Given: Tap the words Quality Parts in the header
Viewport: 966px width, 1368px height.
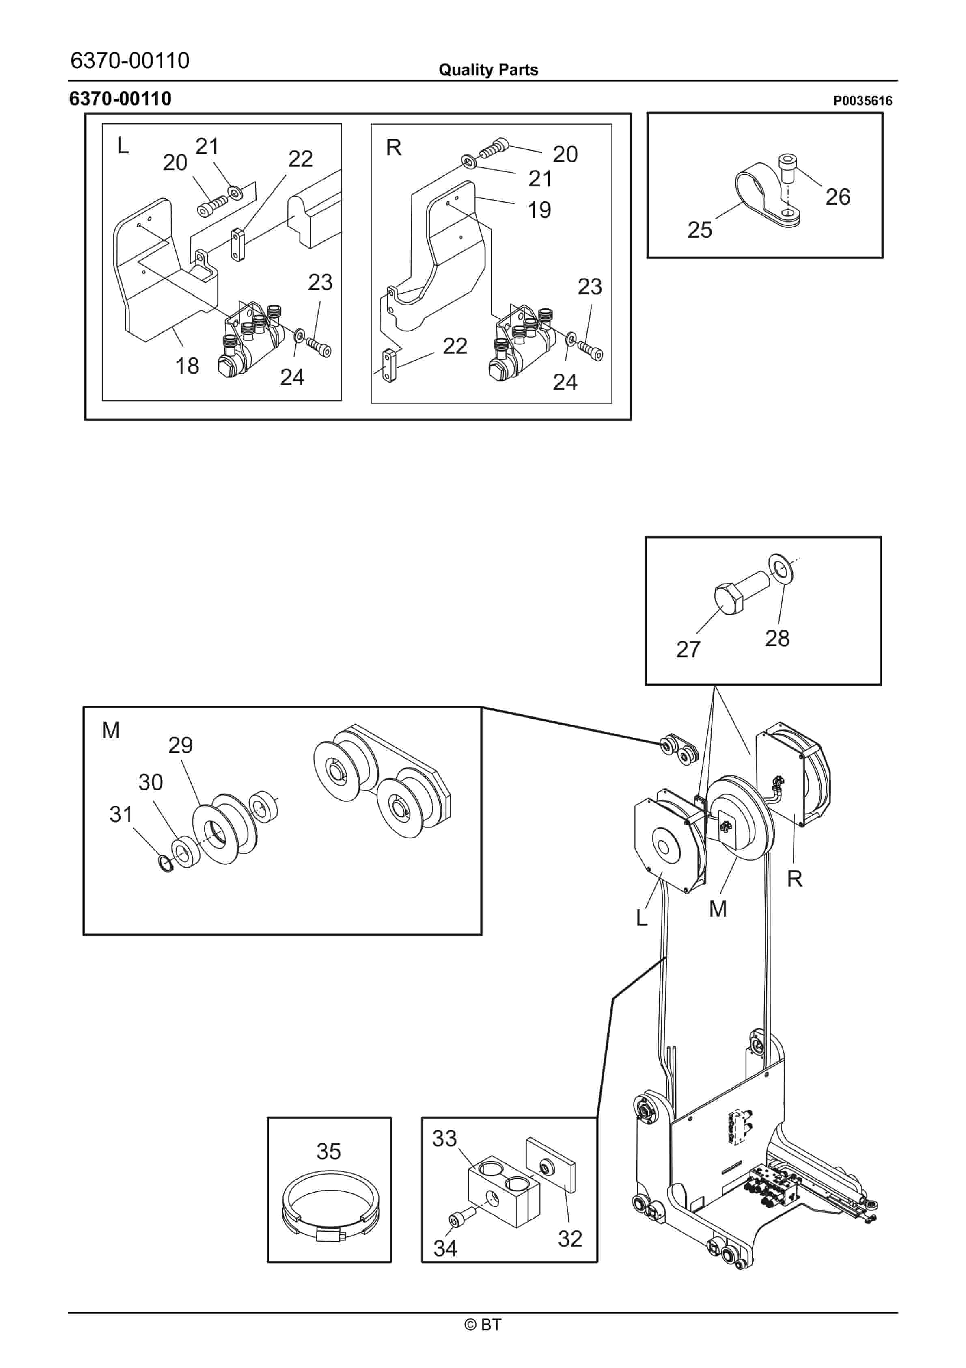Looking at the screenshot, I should pyautogui.click(x=488, y=70).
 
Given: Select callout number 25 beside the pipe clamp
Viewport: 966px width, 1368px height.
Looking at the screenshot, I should pyautogui.click(x=699, y=230).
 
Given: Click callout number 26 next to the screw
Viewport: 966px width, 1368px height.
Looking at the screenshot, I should pyautogui.click(x=837, y=197).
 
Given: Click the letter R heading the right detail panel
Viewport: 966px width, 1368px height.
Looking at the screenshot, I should pyautogui.click(x=393, y=148).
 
